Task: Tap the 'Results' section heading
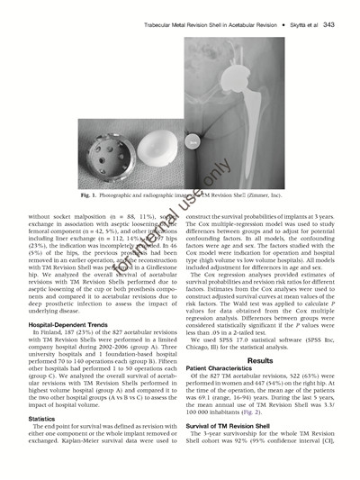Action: tap(259, 359)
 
